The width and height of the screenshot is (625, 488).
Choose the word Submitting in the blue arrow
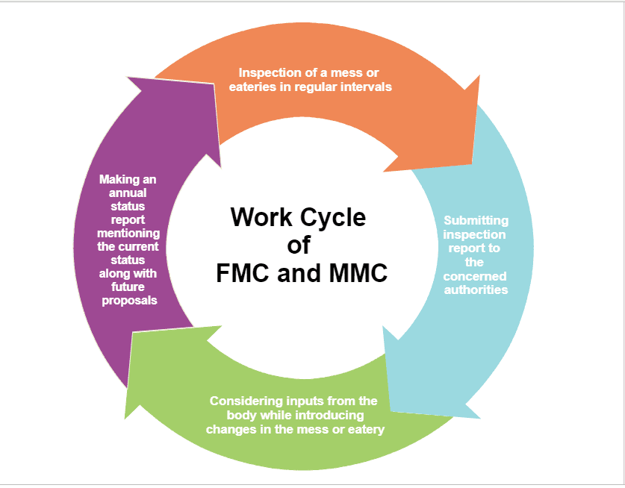[x=476, y=221]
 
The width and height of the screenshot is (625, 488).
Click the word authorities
[x=476, y=290]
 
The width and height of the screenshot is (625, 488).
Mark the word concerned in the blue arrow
[x=475, y=276]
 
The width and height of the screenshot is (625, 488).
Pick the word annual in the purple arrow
[x=128, y=193]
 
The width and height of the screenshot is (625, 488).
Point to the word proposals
[x=129, y=301]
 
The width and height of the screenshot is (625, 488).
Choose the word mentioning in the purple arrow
[x=128, y=233]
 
